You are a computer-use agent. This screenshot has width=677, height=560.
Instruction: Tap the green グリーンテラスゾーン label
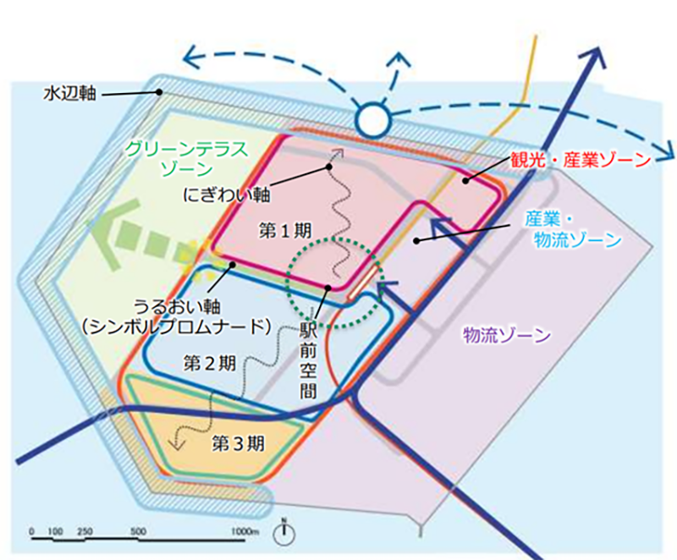click(185, 158)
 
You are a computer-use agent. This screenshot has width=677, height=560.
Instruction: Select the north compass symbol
click(284, 533)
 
